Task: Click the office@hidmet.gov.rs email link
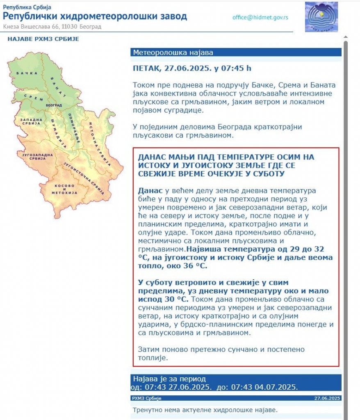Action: point(260,18)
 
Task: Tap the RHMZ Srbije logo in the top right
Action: point(321,17)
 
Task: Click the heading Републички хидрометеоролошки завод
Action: point(95,16)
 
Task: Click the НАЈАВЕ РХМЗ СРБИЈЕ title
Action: point(43,39)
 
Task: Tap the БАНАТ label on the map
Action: point(59,86)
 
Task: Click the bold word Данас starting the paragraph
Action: point(150,191)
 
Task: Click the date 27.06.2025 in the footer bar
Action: point(327,398)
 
